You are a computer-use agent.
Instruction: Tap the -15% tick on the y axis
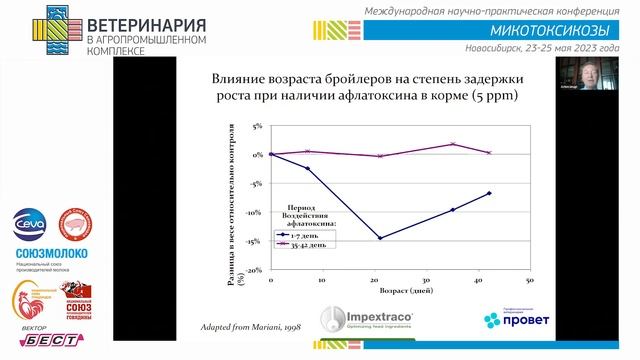point(254,241)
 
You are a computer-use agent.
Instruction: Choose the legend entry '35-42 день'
point(313,243)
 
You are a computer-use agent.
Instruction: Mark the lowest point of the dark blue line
point(380,238)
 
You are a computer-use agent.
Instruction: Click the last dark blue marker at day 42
point(489,193)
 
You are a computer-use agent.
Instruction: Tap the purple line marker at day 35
point(453,144)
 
